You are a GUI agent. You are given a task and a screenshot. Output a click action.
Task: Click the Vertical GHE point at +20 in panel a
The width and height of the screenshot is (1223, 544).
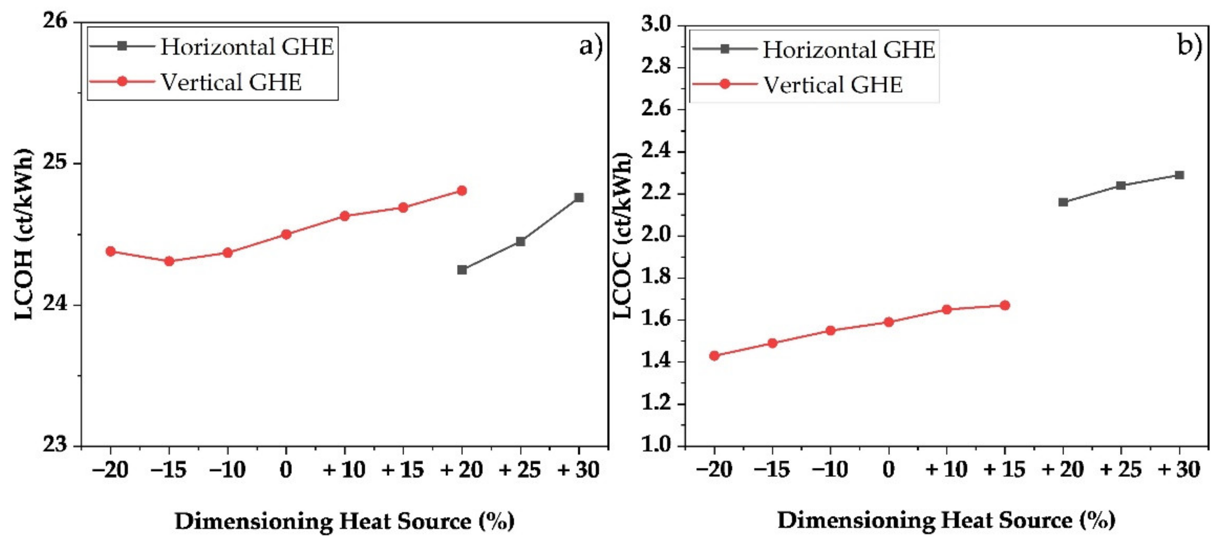point(462,191)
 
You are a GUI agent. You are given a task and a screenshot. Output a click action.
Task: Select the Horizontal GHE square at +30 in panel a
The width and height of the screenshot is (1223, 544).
point(579,197)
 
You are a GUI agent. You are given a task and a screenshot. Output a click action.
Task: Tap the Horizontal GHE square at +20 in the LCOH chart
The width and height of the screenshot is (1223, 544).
point(462,270)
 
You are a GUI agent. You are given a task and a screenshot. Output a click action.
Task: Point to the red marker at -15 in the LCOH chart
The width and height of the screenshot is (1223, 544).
point(169,261)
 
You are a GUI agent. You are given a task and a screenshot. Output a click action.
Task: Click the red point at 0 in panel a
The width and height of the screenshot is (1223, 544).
point(286,234)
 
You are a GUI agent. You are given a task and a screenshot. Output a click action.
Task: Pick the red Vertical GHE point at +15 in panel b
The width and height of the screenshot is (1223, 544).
point(1005,305)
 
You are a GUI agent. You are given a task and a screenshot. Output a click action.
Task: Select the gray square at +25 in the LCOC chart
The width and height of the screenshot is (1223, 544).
point(1121,186)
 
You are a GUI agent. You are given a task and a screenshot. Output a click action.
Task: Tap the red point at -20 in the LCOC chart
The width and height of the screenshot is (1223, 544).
point(714,356)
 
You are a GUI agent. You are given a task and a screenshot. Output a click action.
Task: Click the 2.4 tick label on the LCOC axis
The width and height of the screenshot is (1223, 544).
point(656,152)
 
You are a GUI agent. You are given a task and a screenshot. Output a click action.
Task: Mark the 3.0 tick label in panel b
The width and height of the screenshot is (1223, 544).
point(656,25)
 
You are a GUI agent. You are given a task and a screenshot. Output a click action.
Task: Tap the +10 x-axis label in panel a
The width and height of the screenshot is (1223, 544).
point(344,470)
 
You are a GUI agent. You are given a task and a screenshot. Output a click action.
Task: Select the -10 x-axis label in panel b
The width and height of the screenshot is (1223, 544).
point(830,470)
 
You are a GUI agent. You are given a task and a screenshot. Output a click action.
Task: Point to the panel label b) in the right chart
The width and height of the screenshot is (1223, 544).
point(1190,46)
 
